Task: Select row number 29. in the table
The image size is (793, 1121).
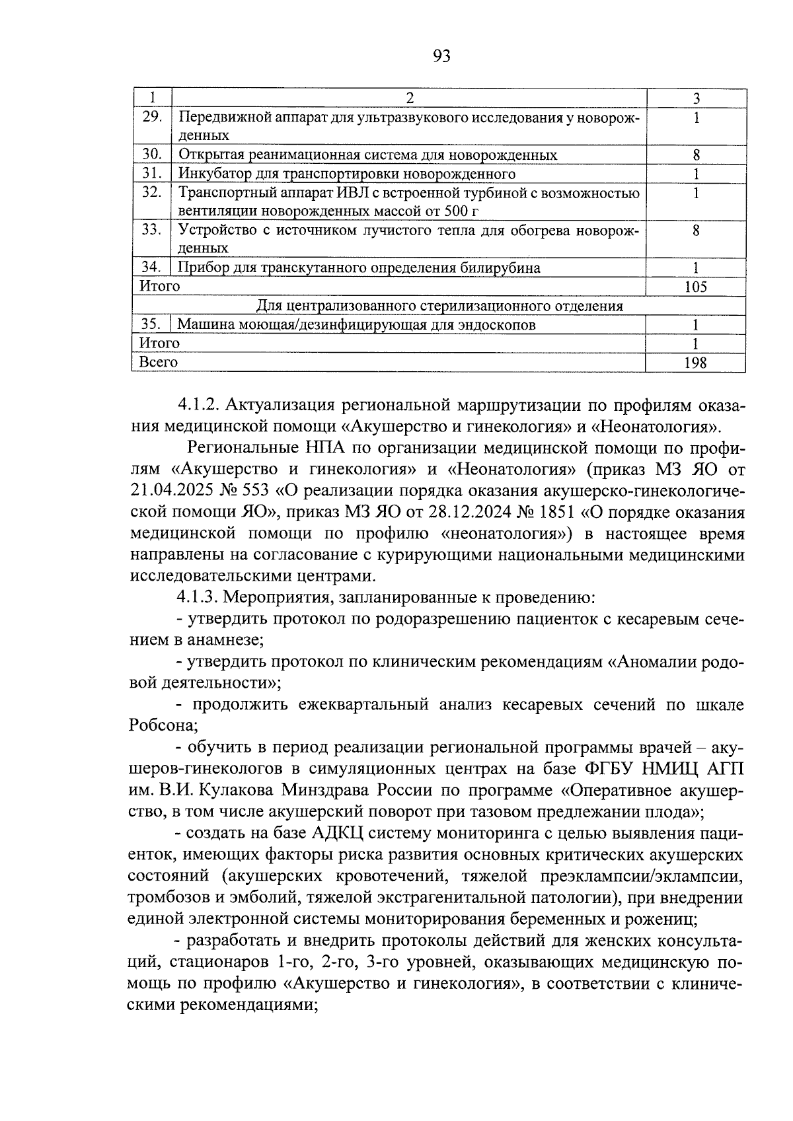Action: tap(152, 117)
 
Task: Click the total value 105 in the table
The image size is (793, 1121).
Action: tap(696, 287)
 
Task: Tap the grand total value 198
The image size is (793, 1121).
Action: tap(696, 363)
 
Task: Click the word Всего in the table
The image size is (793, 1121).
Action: tap(158, 362)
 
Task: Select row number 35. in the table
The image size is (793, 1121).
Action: tap(152, 324)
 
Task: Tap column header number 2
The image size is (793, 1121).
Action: tap(409, 98)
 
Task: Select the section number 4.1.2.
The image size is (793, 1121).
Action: tap(198, 404)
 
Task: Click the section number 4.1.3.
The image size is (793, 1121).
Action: tap(198, 598)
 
